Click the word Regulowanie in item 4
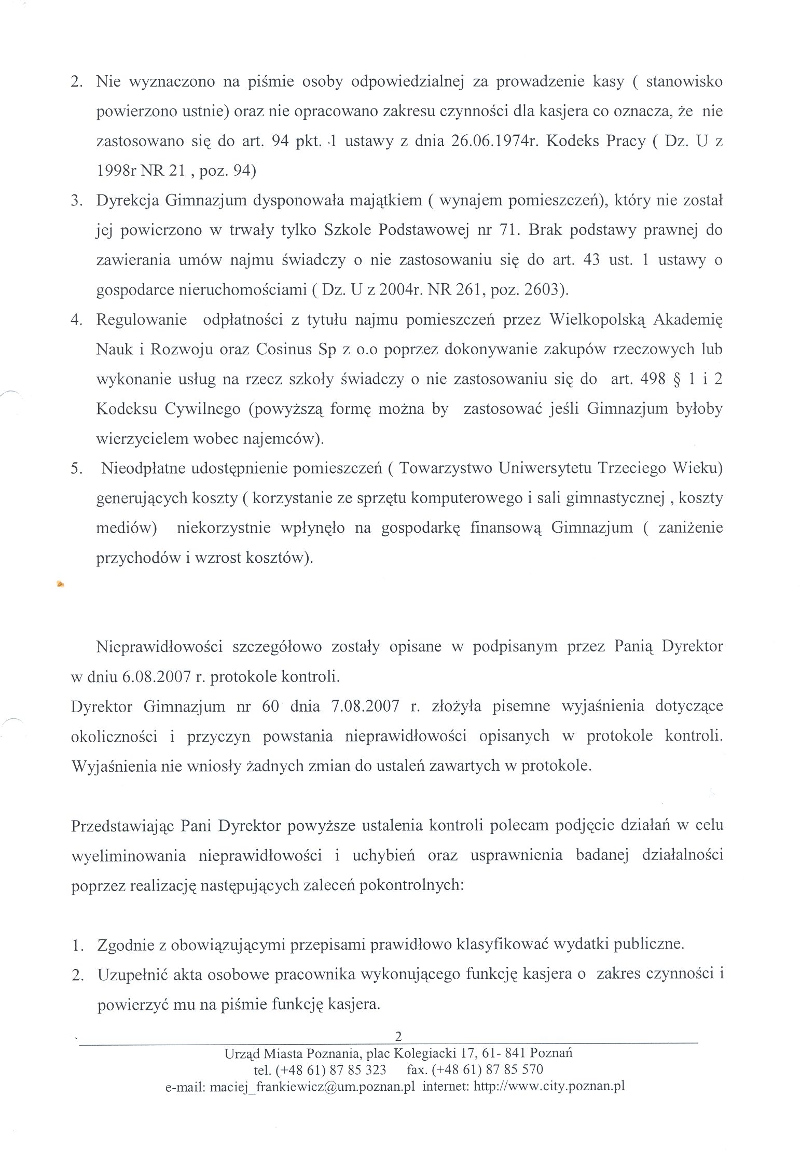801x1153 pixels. point(142,320)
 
